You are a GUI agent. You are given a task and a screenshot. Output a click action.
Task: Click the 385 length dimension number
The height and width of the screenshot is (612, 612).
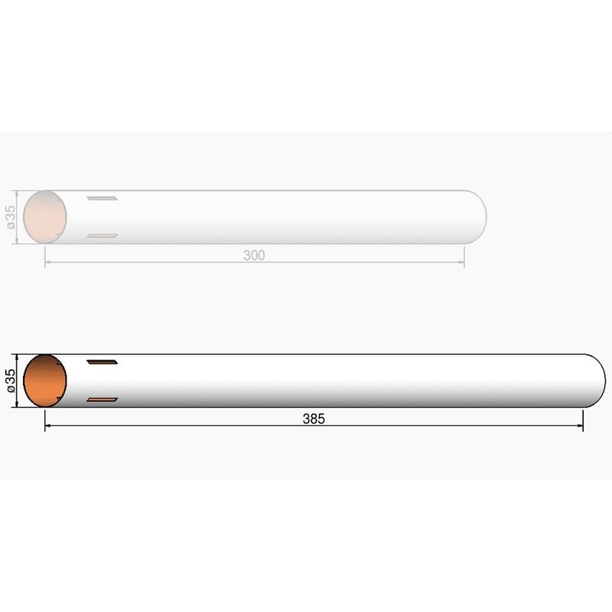(314, 418)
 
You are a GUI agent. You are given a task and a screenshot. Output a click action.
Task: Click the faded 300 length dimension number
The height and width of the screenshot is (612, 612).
(254, 256)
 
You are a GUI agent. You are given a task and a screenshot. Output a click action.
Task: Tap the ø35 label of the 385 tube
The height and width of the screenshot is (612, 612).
(11, 380)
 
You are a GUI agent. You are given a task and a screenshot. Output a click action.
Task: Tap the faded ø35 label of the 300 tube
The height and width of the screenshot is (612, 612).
(11, 217)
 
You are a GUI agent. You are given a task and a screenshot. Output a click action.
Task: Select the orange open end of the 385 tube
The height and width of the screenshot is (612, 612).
(45, 380)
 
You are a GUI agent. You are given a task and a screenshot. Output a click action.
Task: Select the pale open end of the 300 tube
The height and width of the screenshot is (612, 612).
(45, 217)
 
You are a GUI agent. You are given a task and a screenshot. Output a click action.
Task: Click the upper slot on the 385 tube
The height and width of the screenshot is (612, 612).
(102, 362)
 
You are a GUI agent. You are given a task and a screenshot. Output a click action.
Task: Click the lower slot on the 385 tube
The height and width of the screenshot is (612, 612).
(102, 399)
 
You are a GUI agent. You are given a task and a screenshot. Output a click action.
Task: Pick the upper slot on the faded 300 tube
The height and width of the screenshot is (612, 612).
(102, 198)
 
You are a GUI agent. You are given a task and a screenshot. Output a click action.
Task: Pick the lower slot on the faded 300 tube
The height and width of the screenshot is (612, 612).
(102, 236)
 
